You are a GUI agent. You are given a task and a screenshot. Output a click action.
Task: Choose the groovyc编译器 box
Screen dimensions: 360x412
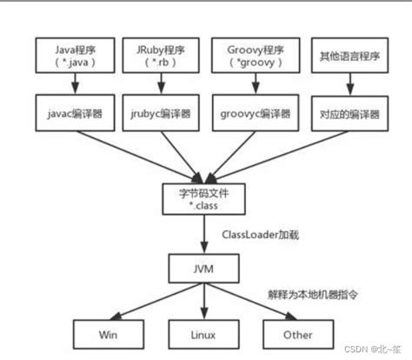click(255, 113)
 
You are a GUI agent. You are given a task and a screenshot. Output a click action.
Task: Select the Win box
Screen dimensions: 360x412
click(109, 333)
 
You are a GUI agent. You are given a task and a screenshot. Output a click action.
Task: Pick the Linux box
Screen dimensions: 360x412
click(206, 333)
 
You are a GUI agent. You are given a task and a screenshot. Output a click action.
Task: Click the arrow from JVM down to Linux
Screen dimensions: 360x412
click(206, 301)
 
